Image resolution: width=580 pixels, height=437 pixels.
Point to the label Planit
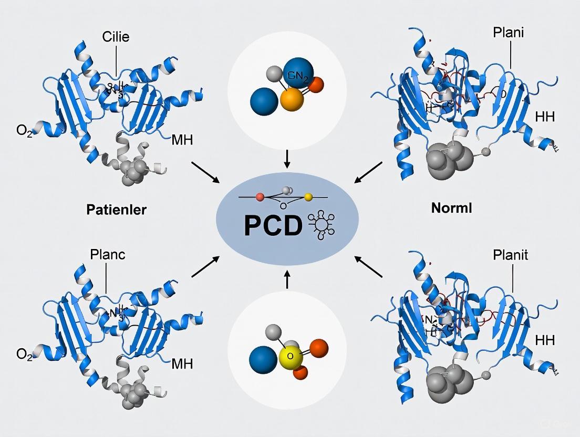tap(511, 256)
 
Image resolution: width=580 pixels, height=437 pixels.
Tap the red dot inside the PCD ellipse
tap(259, 197)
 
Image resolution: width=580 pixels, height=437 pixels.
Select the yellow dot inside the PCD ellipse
tap(308, 197)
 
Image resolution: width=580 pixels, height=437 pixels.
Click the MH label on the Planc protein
tap(182, 363)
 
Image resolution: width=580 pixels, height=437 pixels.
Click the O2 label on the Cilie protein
tap(24, 130)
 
